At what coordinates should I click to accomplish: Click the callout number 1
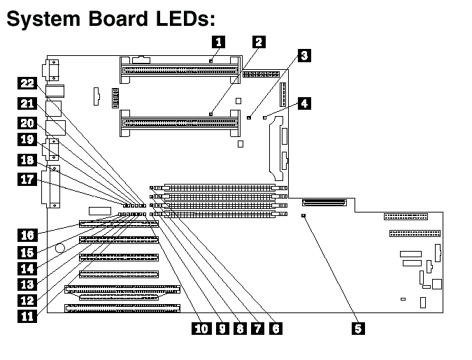(x=219, y=41)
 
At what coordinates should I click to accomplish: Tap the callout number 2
(x=258, y=41)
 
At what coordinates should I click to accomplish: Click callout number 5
(x=359, y=327)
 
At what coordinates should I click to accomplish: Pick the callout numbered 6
(x=276, y=327)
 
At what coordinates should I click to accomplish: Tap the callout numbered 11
(x=27, y=315)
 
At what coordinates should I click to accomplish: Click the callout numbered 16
(x=27, y=235)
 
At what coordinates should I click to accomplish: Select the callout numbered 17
(x=27, y=180)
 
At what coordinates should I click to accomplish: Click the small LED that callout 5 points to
(x=303, y=217)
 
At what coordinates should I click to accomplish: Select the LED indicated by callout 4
(x=264, y=118)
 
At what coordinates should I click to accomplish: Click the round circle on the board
(x=61, y=247)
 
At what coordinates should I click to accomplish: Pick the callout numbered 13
(x=27, y=283)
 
